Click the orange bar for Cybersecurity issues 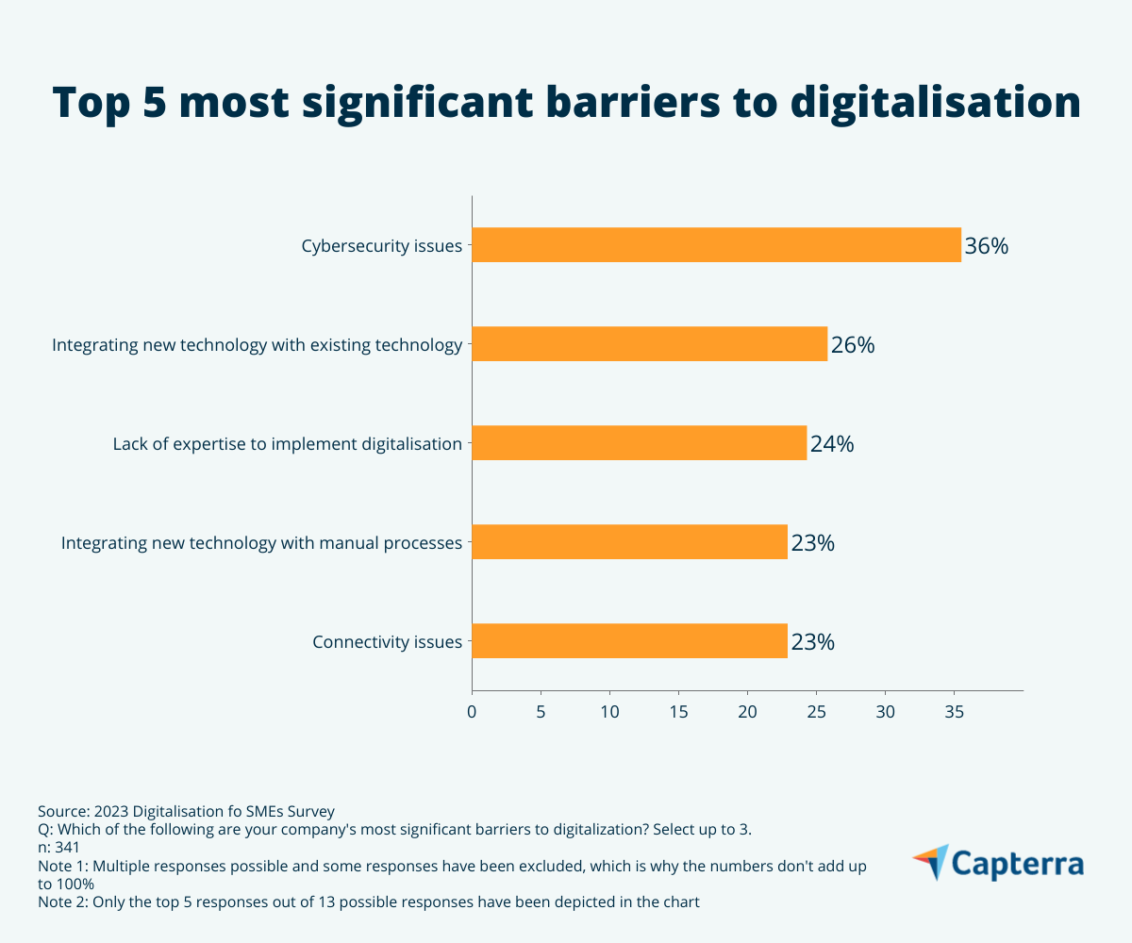pos(716,245)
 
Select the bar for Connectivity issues pos(629,641)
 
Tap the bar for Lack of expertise pos(639,443)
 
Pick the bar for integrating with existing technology pos(649,344)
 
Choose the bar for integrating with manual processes pos(629,542)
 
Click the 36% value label pos(987,246)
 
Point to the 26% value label pos(853,345)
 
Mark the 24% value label pos(832,444)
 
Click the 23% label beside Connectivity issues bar pos(812,642)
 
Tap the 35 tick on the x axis pos(954,713)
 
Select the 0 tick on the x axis pos(472,713)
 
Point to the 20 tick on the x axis pos(747,713)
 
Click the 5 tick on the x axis pos(541,713)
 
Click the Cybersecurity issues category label pos(382,247)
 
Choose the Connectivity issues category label pos(388,643)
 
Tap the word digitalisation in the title pos(935,103)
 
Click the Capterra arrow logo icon pos(930,861)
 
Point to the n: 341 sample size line pos(58,847)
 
